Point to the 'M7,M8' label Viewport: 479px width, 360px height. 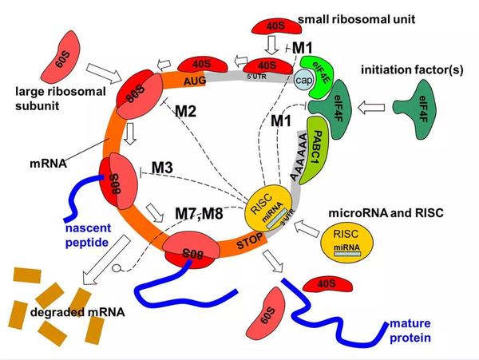point(197,214)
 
